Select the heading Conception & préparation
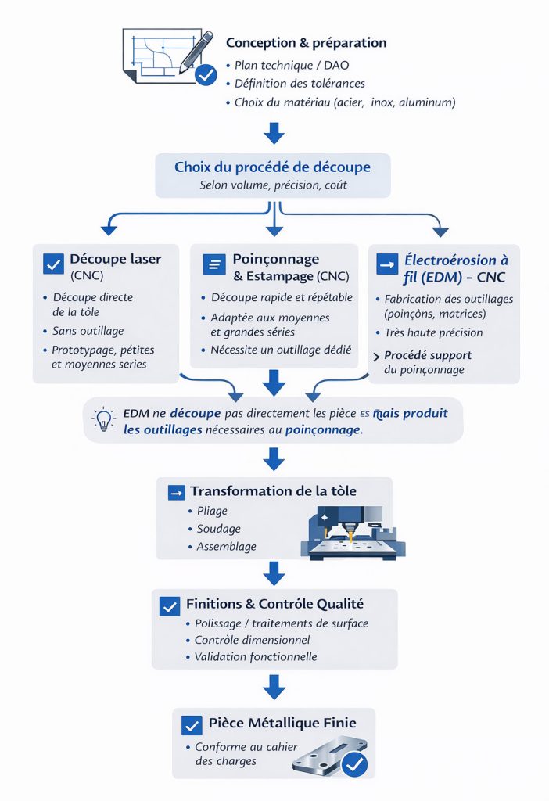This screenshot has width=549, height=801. (x=306, y=43)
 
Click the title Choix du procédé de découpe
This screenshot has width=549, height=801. (x=272, y=167)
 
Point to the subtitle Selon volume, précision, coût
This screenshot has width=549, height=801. (x=272, y=185)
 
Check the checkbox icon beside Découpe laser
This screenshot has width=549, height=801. (x=53, y=264)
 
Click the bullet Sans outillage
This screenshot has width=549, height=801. (x=88, y=331)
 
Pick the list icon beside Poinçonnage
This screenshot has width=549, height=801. (x=213, y=264)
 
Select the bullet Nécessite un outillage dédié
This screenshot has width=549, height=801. (x=281, y=350)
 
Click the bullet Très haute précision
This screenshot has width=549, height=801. (x=433, y=332)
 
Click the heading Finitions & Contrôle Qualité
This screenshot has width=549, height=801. (x=274, y=604)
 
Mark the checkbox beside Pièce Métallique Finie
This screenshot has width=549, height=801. (x=192, y=724)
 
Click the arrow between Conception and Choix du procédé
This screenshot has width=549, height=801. (x=274, y=134)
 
